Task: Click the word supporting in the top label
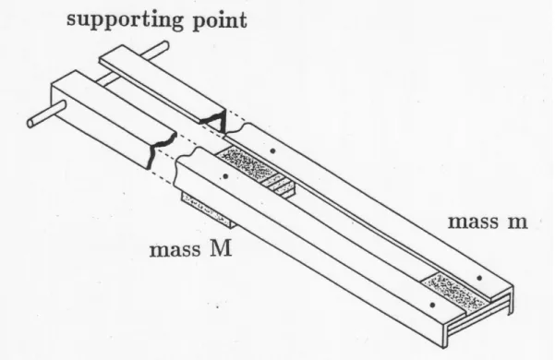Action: [x=126, y=20]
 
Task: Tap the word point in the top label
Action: [x=220, y=20]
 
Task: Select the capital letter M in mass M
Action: [x=221, y=248]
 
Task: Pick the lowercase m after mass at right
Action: [x=513, y=222]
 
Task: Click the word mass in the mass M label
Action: [x=175, y=250]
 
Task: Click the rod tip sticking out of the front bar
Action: [x=45, y=114]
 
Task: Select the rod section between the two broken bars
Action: [x=106, y=78]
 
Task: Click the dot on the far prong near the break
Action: [x=272, y=151]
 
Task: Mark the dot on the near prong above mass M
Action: [x=226, y=175]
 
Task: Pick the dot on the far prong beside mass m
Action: [x=479, y=278]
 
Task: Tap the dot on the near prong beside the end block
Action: [x=432, y=305]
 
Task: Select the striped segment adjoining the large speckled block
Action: [x=281, y=186]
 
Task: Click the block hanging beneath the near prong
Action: [x=208, y=210]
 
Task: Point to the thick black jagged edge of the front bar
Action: [x=160, y=149]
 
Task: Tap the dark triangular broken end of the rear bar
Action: [x=215, y=120]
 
